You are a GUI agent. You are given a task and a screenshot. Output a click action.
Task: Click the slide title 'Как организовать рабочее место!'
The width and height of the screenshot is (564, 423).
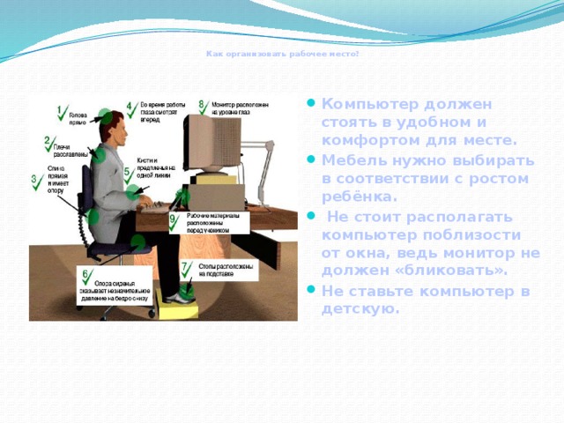(x=282, y=54)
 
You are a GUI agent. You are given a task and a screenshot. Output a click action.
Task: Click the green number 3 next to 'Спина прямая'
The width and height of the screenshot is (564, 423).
(x=34, y=180)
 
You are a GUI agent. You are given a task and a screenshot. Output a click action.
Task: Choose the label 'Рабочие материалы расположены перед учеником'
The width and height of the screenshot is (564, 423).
(x=208, y=224)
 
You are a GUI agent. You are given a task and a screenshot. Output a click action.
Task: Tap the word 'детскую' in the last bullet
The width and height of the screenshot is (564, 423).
(x=358, y=309)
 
